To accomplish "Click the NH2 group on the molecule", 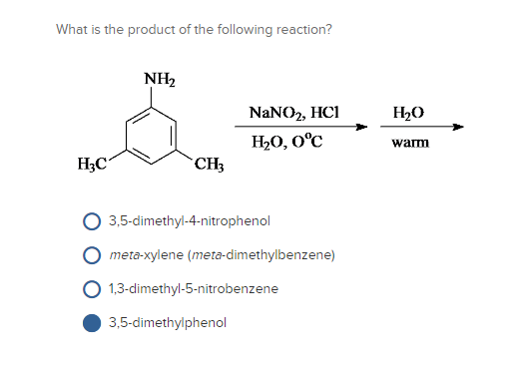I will point(158,79).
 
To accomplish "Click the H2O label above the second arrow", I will point(410,113).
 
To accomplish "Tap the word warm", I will point(410,143).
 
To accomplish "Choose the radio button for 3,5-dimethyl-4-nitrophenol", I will point(91,220).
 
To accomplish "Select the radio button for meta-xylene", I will point(91,254).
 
